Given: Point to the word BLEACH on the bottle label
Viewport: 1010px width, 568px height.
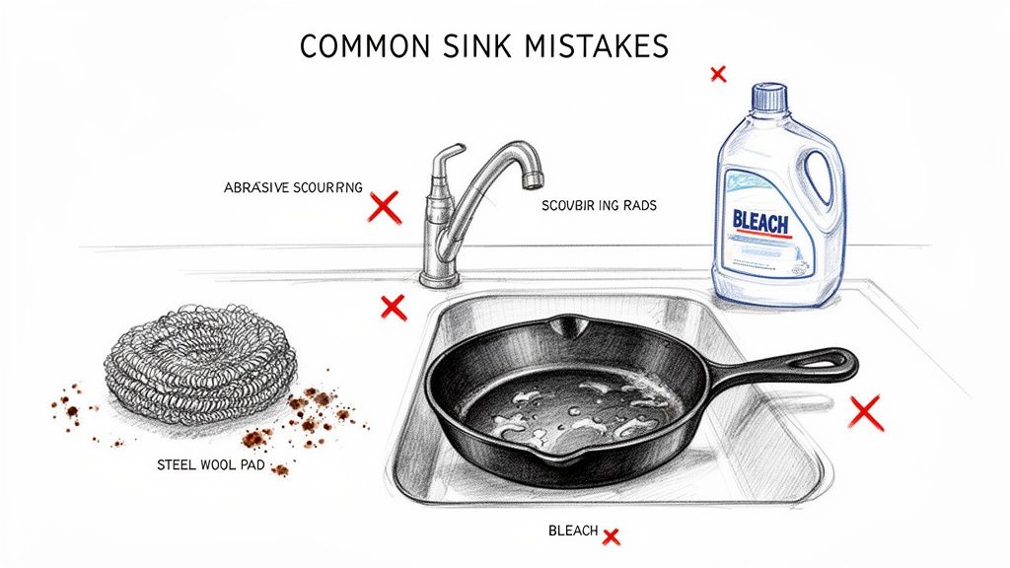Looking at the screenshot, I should click(760, 223).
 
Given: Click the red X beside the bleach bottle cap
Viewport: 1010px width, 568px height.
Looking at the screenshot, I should click(718, 73).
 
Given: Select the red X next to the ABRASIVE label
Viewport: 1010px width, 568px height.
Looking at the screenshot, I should click(383, 207).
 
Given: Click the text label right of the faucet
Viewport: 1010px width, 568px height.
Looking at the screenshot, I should click(599, 206).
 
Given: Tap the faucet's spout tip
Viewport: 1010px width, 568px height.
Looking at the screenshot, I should click(532, 178).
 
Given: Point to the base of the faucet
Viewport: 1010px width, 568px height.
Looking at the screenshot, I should click(435, 279).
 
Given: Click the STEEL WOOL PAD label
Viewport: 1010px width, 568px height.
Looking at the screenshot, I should click(209, 463).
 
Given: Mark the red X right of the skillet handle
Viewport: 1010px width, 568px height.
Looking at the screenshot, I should click(866, 412).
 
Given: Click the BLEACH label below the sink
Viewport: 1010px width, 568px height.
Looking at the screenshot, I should click(573, 532).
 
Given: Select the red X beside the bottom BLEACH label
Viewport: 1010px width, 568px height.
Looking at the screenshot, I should click(611, 536).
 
